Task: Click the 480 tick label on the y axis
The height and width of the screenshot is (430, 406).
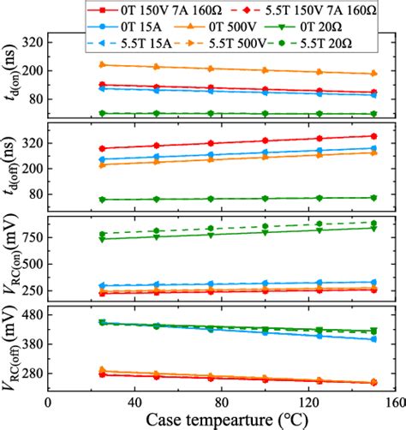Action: [31, 314]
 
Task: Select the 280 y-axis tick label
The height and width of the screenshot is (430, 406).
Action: [31, 374]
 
